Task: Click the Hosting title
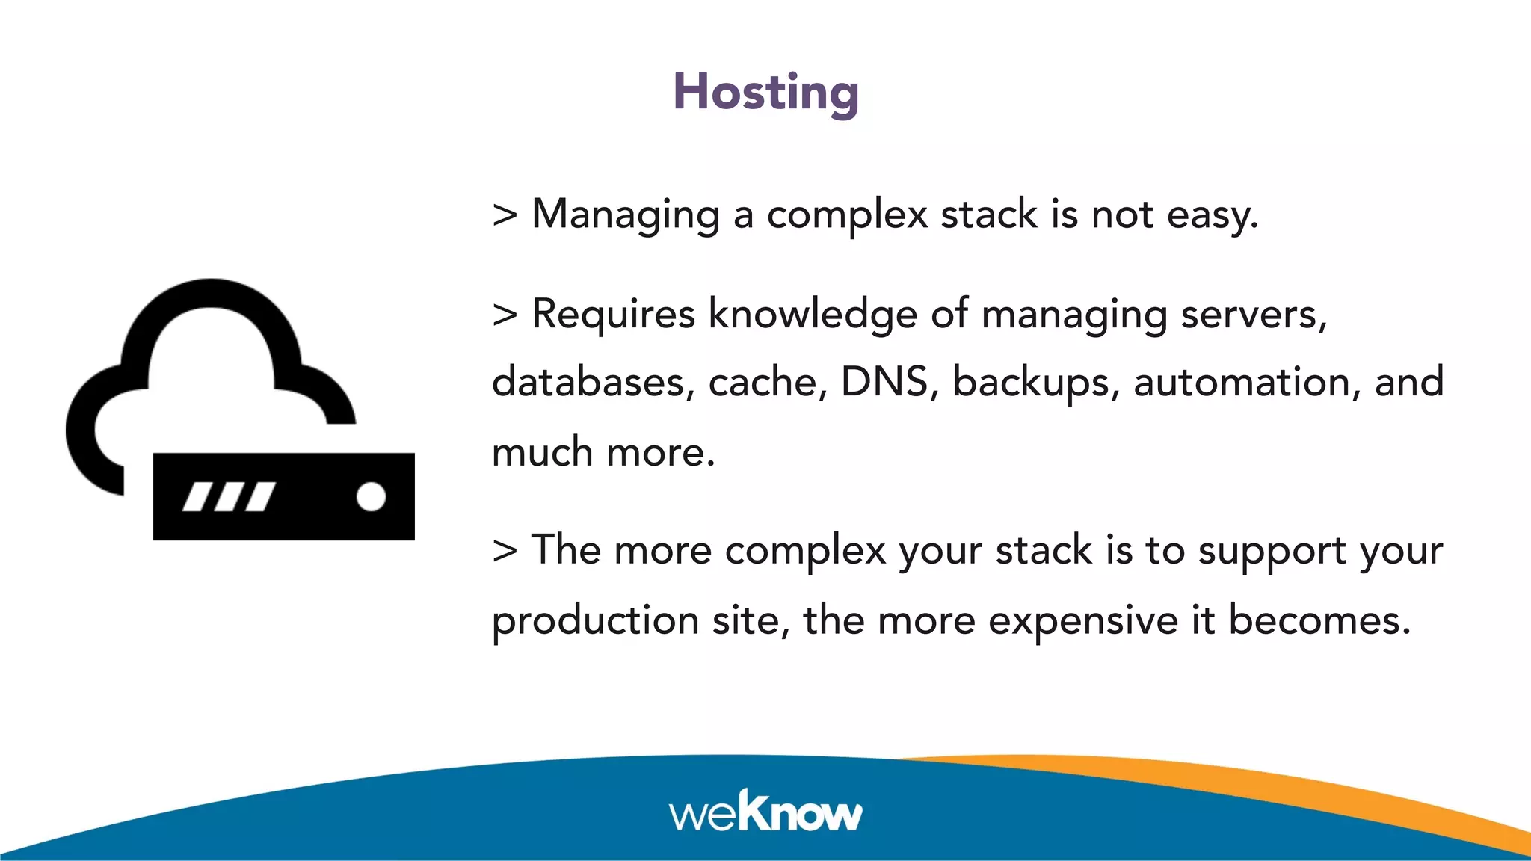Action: click(765, 93)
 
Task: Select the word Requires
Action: click(613, 314)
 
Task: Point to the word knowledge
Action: click(813, 314)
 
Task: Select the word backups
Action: click(1035, 383)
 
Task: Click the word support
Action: click(1272, 552)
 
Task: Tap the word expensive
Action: click(1083, 620)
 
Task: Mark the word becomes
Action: click(1319, 620)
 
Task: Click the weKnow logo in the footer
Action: click(765, 812)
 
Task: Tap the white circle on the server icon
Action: click(371, 496)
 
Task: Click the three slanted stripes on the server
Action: click(229, 496)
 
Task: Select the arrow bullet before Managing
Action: click(505, 215)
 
